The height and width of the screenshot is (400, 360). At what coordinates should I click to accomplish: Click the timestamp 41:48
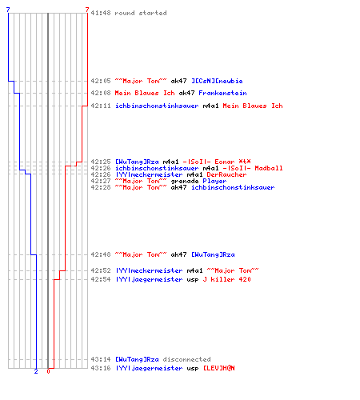(101, 13)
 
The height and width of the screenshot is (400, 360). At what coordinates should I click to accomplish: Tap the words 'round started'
(141, 13)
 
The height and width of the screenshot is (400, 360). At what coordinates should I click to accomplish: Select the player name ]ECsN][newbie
(217, 81)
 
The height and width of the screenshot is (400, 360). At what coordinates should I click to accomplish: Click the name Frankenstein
(222, 93)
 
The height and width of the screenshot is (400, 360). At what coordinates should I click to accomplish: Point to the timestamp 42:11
(101, 106)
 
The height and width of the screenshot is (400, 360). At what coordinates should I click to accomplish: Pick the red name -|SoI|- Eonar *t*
(217, 162)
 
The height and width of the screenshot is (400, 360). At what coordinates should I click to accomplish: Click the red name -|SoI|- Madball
(253, 168)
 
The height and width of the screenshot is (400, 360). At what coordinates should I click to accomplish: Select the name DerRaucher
(226, 174)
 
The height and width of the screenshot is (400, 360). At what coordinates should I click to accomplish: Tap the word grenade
(185, 181)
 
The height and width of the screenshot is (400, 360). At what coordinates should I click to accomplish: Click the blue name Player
(214, 181)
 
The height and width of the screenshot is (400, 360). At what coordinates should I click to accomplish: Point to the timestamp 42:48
(101, 254)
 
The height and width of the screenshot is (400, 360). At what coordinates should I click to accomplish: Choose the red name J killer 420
(226, 279)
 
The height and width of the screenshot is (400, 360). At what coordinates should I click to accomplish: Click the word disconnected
(186, 359)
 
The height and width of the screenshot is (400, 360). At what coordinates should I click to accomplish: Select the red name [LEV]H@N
(219, 368)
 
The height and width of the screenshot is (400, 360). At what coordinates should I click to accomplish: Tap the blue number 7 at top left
(8, 10)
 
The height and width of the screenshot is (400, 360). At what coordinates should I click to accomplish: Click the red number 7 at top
(87, 10)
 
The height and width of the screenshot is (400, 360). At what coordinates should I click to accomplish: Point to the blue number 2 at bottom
(36, 371)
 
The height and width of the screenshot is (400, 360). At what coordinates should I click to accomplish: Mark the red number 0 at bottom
(48, 371)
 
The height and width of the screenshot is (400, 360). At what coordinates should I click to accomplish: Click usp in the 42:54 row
(193, 279)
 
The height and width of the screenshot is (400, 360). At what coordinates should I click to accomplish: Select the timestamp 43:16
(101, 368)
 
